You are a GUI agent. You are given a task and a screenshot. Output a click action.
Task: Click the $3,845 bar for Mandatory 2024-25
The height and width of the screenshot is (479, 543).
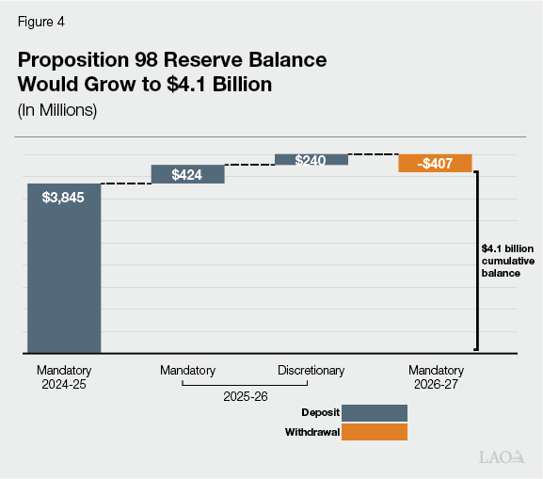(x=63, y=268)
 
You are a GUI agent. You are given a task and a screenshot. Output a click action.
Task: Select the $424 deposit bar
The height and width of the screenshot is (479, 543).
(x=187, y=174)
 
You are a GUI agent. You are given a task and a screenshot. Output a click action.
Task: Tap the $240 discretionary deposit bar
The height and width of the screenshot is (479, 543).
(x=311, y=160)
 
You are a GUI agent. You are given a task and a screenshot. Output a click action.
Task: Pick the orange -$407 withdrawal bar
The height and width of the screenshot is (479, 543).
(x=435, y=163)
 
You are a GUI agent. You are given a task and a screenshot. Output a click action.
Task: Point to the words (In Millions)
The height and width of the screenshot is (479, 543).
(x=57, y=109)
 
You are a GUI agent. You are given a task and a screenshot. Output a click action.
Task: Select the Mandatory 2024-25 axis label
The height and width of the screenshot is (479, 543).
(x=63, y=377)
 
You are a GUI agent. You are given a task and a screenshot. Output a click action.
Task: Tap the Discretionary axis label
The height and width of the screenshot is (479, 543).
(x=311, y=371)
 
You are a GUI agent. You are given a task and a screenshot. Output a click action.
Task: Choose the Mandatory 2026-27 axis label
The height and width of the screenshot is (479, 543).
(x=436, y=377)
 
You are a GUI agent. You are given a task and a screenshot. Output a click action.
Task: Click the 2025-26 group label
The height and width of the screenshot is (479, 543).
(x=246, y=397)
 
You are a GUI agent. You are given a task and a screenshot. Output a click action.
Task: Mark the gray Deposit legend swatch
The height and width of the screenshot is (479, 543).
(x=375, y=413)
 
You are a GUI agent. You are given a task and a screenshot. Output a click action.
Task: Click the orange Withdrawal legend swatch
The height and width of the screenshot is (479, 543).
(x=375, y=432)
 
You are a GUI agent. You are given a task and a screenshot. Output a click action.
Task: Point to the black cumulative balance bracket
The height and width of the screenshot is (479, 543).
(x=478, y=261)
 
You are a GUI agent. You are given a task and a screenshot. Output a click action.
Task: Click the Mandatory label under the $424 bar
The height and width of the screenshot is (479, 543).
(x=187, y=371)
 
